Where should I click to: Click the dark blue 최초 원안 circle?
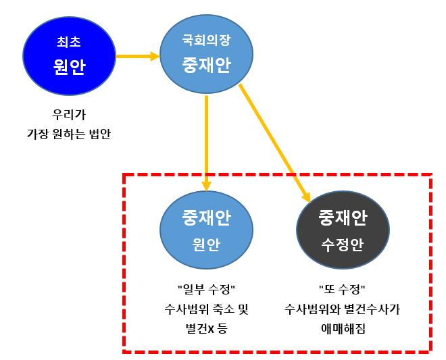[69, 56]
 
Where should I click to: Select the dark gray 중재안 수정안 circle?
[343, 230]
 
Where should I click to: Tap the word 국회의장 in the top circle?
[206, 40]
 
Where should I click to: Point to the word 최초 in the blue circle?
[69, 42]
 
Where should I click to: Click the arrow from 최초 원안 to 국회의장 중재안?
[138, 56]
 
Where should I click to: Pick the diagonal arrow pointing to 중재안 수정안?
[275, 143]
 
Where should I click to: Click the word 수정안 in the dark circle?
[343, 245]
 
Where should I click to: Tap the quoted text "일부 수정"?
[207, 290]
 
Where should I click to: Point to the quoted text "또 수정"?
[342, 290]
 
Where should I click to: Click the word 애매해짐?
[343, 328]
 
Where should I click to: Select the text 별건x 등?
[206, 328]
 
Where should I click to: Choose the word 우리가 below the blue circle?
[69, 115]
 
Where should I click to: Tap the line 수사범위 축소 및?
[207, 309]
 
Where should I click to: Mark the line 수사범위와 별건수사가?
[343, 309]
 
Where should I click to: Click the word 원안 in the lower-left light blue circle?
[206, 245]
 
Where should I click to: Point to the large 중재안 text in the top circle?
[206, 65]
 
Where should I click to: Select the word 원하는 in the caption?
[69, 134]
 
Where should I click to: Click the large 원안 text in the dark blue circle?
[69, 67]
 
